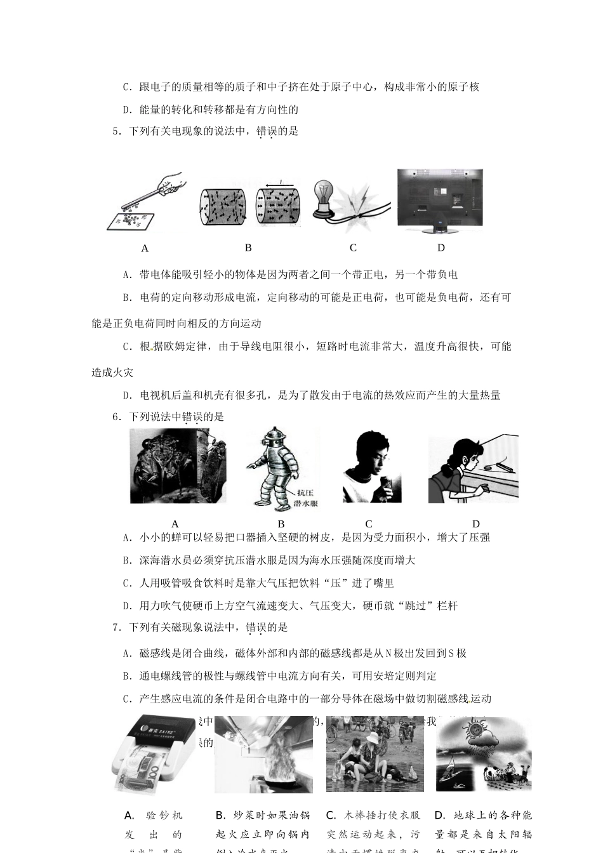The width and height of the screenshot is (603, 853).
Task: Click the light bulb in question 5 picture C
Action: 324,194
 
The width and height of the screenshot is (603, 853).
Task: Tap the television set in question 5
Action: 441,199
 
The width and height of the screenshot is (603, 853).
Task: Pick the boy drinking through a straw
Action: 371,467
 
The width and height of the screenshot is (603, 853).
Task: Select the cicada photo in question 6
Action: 177,466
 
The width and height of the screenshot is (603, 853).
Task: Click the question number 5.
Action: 116,132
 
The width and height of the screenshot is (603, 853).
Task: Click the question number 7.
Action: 116,628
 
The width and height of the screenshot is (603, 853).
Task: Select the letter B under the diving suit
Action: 281,524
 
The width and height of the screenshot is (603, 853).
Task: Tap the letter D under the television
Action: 441,248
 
